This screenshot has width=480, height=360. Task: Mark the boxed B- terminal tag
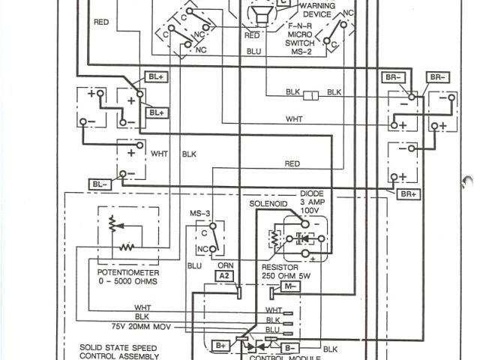(292, 346)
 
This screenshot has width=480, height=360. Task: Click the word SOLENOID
(268, 204)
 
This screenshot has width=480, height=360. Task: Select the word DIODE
(311, 193)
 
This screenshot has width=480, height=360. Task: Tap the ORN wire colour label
(223, 265)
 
